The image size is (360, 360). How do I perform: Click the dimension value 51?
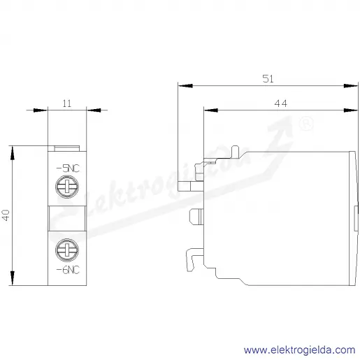point(268,79)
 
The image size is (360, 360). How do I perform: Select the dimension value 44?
point(280,103)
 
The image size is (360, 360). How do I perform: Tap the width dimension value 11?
point(67,103)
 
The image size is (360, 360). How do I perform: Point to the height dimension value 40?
point(6,215)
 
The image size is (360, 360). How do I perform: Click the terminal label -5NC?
point(68,168)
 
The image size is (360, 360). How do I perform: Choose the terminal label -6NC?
point(68,270)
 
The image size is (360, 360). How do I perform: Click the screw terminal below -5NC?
point(67,187)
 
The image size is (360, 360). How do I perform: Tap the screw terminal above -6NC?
point(67,250)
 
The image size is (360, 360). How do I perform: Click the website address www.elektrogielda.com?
point(300,350)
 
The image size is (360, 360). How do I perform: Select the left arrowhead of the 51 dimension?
point(185,86)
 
